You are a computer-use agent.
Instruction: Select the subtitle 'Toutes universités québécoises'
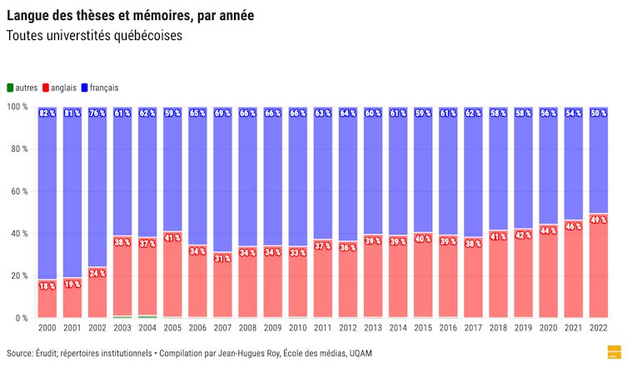click(93, 37)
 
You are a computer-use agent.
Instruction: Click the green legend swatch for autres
click(10, 88)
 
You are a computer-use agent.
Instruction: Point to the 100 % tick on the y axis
click(17, 107)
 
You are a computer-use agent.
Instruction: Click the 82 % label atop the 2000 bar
click(47, 113)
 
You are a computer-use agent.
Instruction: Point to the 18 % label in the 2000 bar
click(47, 286)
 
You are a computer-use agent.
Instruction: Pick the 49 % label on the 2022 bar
click(597, 220)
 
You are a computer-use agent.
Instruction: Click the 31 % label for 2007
click(222, 259)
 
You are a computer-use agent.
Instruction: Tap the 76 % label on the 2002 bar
click(97, 113)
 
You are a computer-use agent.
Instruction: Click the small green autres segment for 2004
click(147, 317)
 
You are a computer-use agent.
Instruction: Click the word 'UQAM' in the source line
click(359, 354)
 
